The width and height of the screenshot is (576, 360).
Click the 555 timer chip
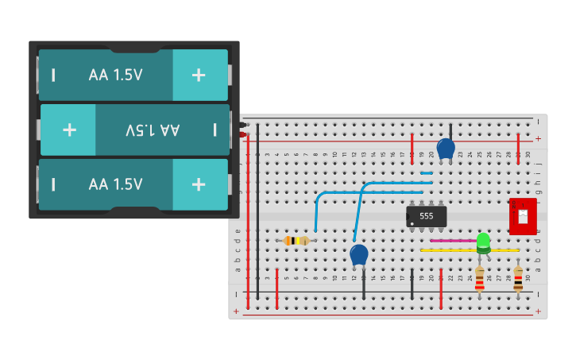(x=426, y=216)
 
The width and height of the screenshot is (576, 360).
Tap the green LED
(x=483, y=241)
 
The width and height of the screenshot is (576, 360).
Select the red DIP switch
(x=523, y=216)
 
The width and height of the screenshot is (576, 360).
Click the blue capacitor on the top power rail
(x=446, y=148)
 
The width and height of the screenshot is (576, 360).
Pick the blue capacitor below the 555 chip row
(x=359, y=254)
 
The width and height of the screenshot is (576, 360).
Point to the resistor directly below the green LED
(x=479, y=279)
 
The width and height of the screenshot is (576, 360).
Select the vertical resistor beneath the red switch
(x=518, y=278)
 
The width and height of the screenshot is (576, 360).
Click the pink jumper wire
(x=453, y=240)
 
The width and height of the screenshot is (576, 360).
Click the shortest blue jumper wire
(x=427, y=172)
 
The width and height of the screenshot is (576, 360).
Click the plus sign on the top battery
(x=199, y=75)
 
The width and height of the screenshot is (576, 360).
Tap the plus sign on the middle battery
(x=69, y=129)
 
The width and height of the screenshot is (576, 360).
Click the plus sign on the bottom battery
(x=199, y=184)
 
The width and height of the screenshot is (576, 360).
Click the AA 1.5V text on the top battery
(x=115, y=75)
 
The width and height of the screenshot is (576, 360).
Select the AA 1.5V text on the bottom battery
(x=115, y=184)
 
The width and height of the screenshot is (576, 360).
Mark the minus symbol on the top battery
(x=53, y=75)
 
